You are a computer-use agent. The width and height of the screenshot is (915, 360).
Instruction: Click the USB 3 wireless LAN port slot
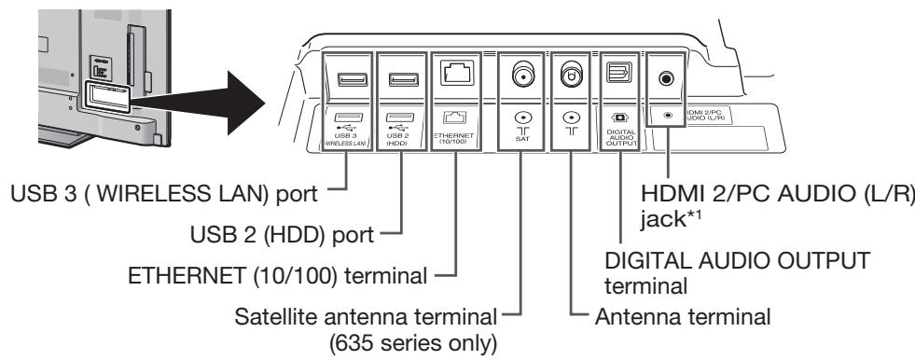(347, 78)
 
